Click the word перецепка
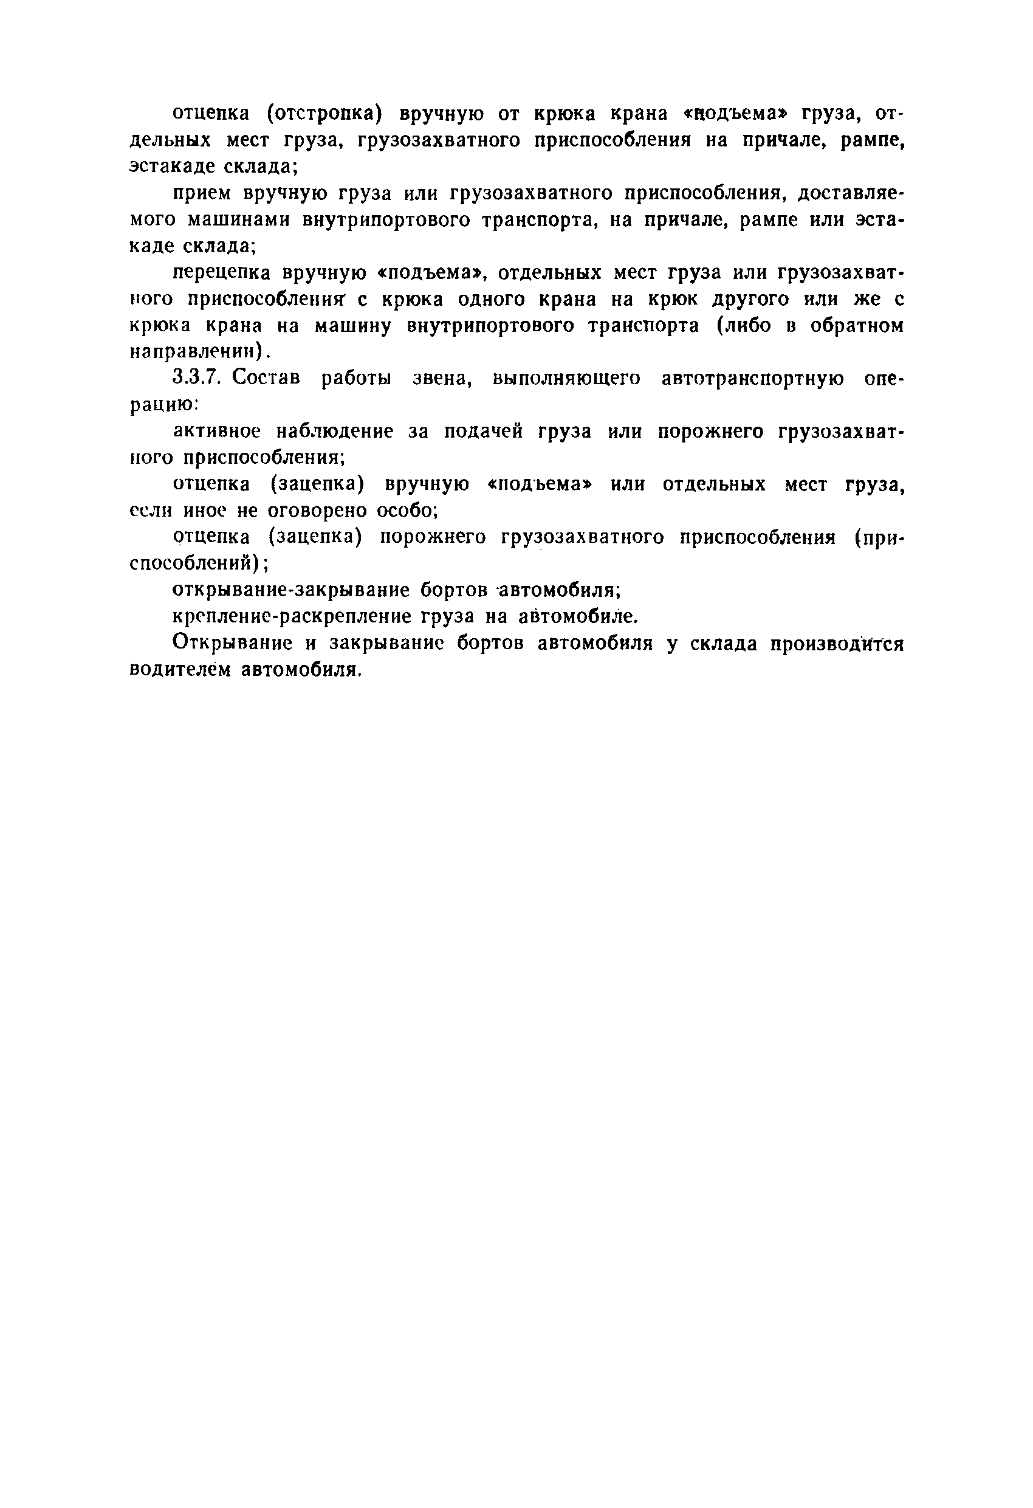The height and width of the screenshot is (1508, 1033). pos(222,272)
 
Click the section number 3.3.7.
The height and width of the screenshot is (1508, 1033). pos(198,377)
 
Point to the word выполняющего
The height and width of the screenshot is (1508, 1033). pos(566,378)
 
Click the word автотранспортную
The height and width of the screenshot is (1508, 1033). pos(753,377)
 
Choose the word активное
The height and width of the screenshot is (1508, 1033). pos(217,432)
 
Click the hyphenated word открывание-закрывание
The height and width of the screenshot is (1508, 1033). pos(290,590)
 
